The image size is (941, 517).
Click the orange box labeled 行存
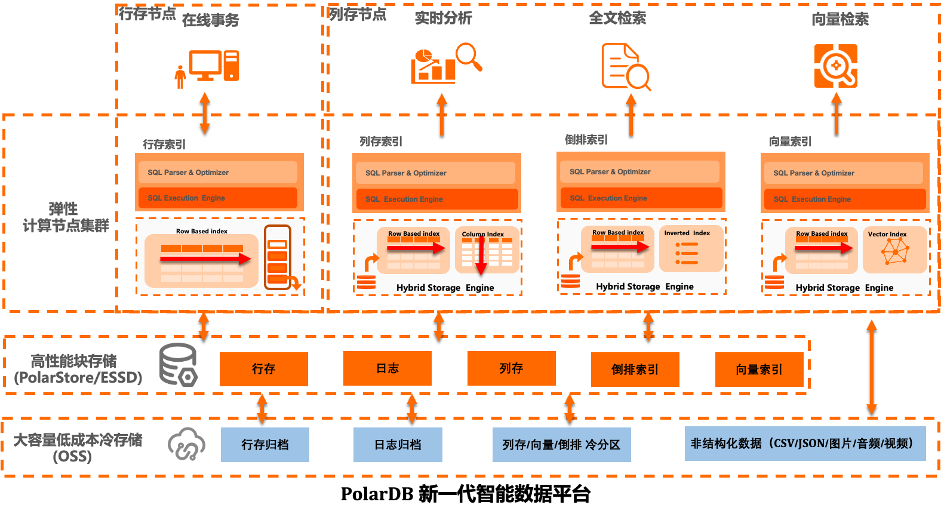coord(263,369)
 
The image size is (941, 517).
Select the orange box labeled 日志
coord(387,368)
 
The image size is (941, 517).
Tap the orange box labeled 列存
coord(511,368)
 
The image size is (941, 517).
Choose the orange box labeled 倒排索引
coord(635,370)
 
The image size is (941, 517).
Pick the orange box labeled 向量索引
coord(759,370)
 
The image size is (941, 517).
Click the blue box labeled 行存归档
coord(265,445)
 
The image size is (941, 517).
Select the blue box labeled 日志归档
coord(398,445)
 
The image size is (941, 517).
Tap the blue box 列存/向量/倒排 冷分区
coord(561,445)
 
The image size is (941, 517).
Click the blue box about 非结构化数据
coord(805,444)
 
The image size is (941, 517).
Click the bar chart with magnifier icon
coord(445,63)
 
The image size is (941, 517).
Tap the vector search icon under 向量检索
coord(836,66)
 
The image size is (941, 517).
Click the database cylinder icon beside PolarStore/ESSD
coord(178,364)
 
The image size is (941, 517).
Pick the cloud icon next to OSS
coord(186,444)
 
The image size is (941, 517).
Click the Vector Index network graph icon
coord(895,252)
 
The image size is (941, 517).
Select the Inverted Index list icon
coord(687,253)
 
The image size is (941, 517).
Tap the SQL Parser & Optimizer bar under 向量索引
coord(844,173)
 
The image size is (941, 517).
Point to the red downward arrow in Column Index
coord(481,255)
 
